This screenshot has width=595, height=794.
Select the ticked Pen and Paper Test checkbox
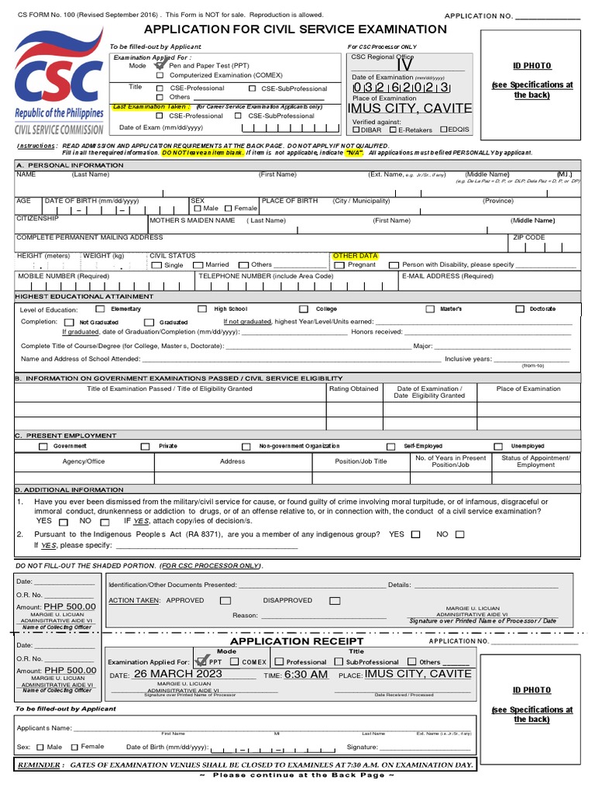[160, 65]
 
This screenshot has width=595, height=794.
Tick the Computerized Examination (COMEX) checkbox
[160, 75]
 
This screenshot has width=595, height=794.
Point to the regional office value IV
[404, 64]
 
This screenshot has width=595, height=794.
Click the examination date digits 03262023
[401, 87]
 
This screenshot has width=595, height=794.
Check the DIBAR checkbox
[356, 129]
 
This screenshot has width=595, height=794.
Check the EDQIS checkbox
[444, 129]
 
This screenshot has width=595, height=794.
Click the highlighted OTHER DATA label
[355, 255]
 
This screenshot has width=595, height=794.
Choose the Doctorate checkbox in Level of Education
[521, 309]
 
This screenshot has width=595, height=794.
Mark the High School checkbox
[202, 309]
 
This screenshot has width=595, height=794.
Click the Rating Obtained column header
[353, 389]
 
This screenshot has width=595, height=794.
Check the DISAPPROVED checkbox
[335, 600]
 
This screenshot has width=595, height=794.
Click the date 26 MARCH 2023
[177, 674]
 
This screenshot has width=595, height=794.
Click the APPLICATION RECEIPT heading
[297, 641]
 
